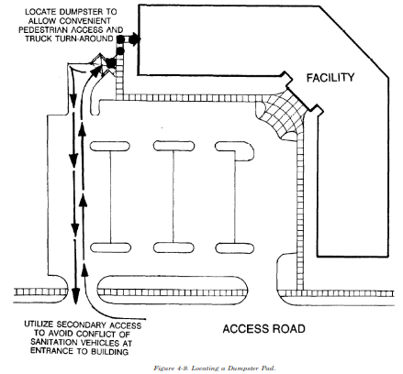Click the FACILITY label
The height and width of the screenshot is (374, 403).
click(x=330, y=78)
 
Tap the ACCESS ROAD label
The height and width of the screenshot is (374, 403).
click(x=263, y=329)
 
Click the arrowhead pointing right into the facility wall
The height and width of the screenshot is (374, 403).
click(x=135, y=39)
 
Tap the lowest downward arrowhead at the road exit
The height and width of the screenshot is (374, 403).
click(x=75, y=295)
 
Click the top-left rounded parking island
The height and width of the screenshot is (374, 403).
click(x=109, y=146)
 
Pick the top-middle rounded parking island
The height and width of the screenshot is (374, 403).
click(x=174, y=146)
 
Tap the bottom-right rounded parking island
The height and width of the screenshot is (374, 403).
click(x=235, y=248)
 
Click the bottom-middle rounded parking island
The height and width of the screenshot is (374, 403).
click(x=174, y=247)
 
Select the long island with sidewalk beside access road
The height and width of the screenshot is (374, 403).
click(x=173, y=291)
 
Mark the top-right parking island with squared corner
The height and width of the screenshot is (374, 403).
click(x=235, y=150)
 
